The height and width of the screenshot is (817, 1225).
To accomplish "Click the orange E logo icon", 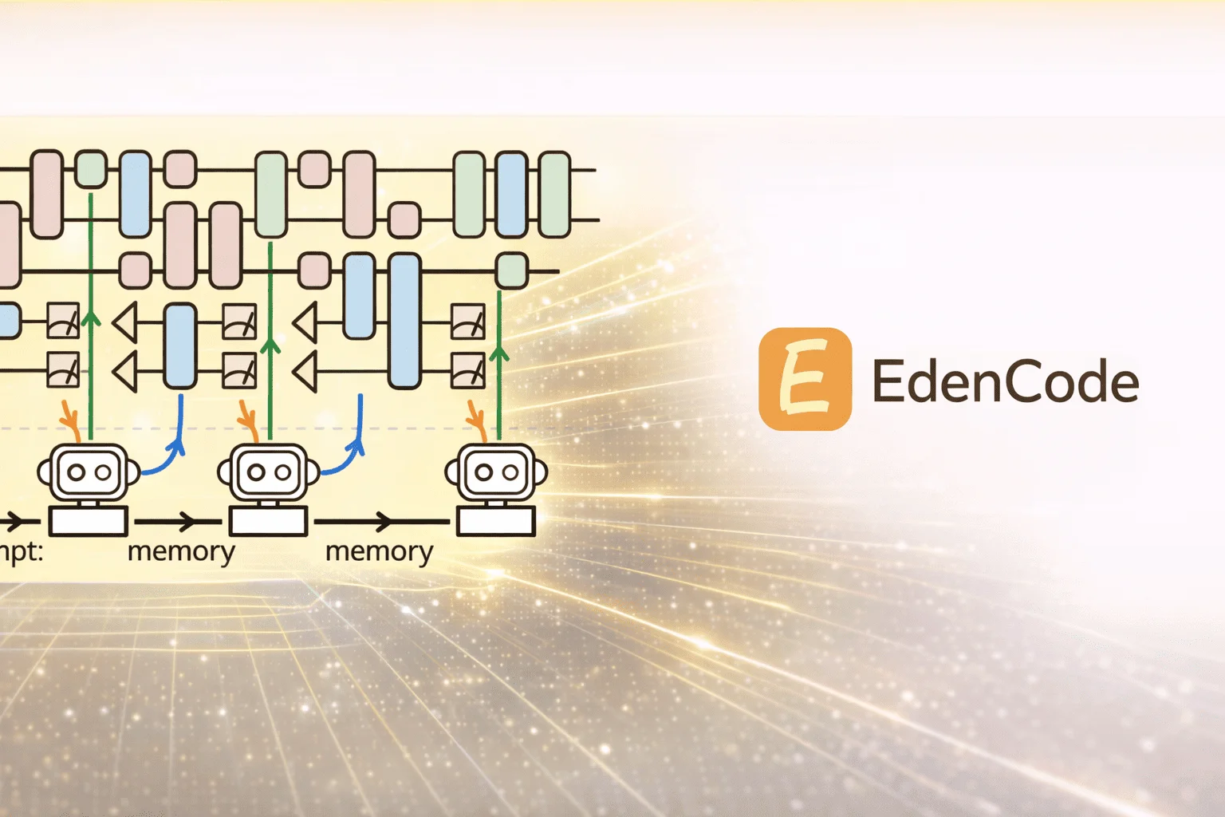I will tap(805, 379).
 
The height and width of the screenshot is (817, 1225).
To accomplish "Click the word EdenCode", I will tap(1005, 381).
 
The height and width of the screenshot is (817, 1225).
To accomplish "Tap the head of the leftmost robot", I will tap(89, 472).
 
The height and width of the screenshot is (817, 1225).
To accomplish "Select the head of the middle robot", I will tap(269, 472).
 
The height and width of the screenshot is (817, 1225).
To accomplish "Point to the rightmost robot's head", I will tap(496, 472).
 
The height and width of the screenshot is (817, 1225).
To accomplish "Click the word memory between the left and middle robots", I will tap(181, 551).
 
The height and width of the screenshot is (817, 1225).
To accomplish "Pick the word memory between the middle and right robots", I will tap(379, 551).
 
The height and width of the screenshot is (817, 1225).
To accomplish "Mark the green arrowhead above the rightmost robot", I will tap(499, 352).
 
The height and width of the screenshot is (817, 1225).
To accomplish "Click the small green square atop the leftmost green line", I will tap(91, 168).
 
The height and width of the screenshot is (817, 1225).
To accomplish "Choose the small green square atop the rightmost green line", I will tap(511, 270).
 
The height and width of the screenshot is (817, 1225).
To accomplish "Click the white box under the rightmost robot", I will tap(495, 522).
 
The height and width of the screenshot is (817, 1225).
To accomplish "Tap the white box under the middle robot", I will tap(269, 522).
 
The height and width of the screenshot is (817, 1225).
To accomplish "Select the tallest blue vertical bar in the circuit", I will tap(405, 320).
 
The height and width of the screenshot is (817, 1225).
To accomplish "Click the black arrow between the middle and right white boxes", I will tap(383, 522).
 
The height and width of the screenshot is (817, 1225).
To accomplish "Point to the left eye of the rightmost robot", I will tap(484, 472).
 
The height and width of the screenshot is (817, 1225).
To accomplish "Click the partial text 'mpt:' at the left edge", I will tap(21, 551).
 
